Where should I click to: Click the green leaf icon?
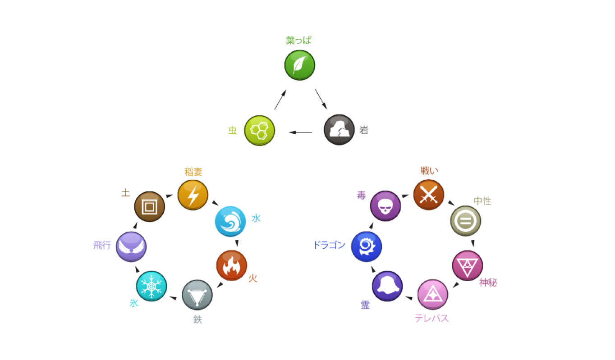(299, 65)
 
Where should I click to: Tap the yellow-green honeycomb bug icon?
(259, 131)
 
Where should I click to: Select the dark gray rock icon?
(339, 130)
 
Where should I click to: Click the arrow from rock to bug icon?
(300, 132)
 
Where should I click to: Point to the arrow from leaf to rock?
(321, 99)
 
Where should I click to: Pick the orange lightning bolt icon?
(193, 195)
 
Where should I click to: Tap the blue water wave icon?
(230, 221)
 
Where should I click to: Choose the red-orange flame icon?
(231, 265)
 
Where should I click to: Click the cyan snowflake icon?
(151, 286)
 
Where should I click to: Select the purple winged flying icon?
(131, 247)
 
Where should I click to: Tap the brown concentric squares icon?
(150, 207)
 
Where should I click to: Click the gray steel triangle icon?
(197, 295)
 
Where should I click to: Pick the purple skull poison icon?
(385, 206)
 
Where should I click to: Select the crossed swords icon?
(428, 195)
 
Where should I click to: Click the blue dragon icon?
(366, 247)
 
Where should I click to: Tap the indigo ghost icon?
(387, 286)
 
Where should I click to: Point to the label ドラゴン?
(329, 245)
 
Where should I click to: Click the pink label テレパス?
(432, 318)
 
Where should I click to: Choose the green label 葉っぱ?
(298, 41)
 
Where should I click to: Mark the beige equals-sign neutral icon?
(465, 221)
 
